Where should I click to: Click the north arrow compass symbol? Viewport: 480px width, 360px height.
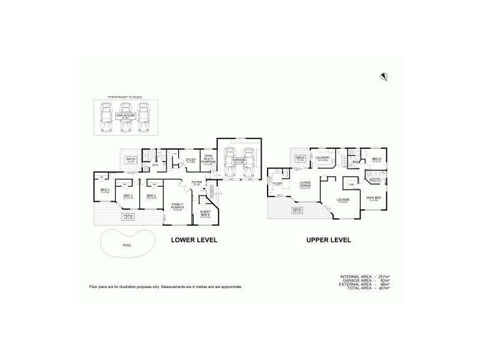pyautogui.click(x=383, y=76)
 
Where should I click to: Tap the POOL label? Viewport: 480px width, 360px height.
pyautogui.click(x=126, y=245)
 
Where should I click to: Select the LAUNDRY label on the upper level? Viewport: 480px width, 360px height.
pyautogui.click(x=323, y=158)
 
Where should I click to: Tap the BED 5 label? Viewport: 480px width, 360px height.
pyautogui.click(x=377, y=159)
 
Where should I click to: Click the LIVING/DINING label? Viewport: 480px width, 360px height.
pyautogui.click(x=306, y=185)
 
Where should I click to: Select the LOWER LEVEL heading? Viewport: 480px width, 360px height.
pyautogui.click(x=194, y=240)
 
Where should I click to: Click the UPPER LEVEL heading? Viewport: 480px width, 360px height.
pyautogui.click(x=328, y=240)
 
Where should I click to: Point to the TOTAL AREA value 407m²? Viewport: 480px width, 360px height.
pyautogui.click(x=383, y=289)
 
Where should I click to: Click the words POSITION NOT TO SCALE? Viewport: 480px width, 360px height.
pyautogui.click(x=125, y=96)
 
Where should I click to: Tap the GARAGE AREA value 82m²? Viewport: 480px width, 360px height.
pyautogui.click(x=383, y=280)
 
